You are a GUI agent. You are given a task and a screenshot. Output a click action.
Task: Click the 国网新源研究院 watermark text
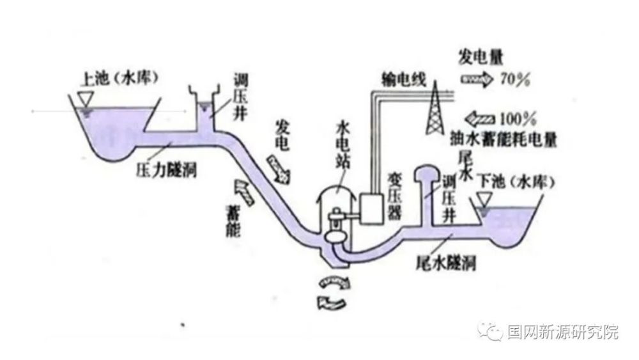pos(562,333)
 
